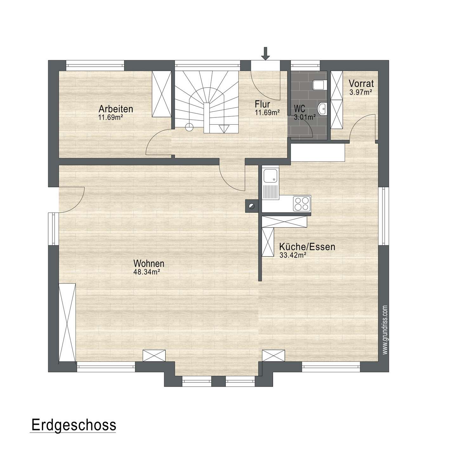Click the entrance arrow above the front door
[265, 53]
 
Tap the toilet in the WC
[320, 85]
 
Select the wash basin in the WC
[322, 109]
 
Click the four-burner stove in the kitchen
[302, 203]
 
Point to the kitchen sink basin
[270, 176]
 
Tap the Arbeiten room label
[116, 109]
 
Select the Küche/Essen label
[307, 247]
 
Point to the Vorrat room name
[361, 83]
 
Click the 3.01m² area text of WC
[305, 117]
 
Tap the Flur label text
[262, 104]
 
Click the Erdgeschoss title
[74, 425]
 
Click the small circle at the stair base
[189, 127]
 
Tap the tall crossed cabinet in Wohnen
[67, 322]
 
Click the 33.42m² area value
[293, 255]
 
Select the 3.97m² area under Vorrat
[360, 92]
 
